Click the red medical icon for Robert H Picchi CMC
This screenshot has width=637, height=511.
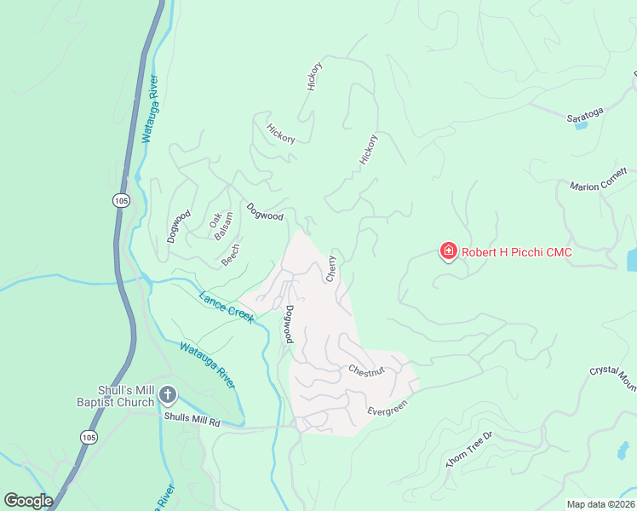tap(448, 251)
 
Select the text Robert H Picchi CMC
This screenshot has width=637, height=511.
tap(516, 252)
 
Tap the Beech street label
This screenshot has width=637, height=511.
tap(231, 255)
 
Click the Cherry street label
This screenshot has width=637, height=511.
tap(331, 269)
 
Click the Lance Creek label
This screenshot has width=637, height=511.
tap(227, 307)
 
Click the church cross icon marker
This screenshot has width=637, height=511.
tap(168, 395)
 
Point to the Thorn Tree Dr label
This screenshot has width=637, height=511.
tap(470, 449)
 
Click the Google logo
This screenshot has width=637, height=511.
tap(28, 500)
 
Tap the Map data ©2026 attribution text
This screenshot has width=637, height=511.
tap(600, 504)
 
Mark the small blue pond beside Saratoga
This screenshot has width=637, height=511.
tap(582, 125)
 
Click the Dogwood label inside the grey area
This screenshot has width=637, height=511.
tap(290, 324)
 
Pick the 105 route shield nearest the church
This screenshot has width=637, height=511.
tap(89, 436)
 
